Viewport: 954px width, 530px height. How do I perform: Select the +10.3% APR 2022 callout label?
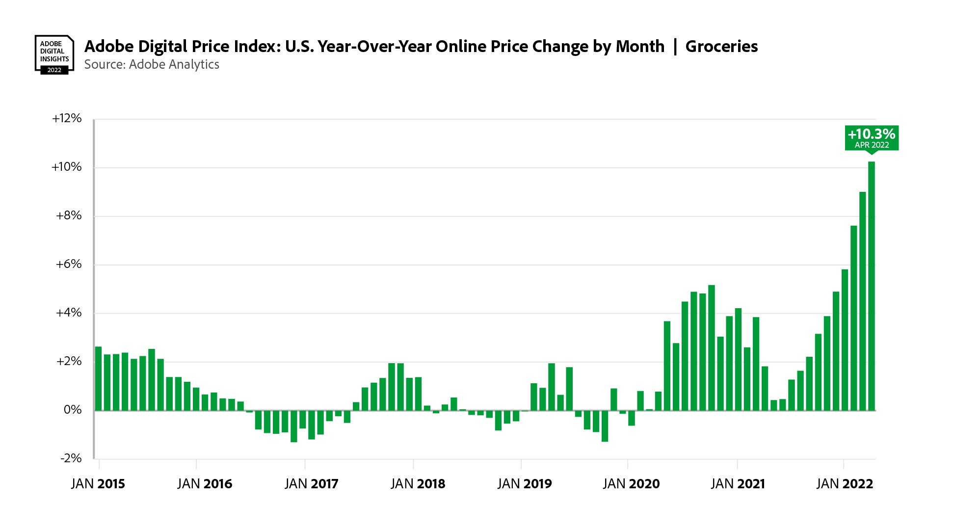tap(872, 137)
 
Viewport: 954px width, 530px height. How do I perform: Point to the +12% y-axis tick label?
tap(67, 118)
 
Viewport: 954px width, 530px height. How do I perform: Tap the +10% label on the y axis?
tap(67, 167)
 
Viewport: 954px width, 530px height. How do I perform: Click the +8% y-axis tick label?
tap(69, 215)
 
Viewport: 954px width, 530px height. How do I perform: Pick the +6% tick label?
tap(69, 264)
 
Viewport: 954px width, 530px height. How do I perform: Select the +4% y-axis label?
tap(69, 313)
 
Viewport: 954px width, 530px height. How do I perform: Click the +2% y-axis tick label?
tap(69, 361)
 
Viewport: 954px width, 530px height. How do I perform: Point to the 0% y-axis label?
tap(73, 410)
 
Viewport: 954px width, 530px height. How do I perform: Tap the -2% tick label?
tap(71, 458)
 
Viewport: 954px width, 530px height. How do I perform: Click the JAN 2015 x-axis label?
tap(98, 484)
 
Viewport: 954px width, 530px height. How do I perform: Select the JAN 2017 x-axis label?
tap(312, 484)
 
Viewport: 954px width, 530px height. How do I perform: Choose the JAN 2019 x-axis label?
tap(525, 484)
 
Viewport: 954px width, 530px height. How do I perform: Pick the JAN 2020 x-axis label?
tap(631, 484)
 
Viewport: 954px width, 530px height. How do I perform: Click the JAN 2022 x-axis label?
tap(845, 484)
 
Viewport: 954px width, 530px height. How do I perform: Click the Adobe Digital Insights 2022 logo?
tap(54, 54)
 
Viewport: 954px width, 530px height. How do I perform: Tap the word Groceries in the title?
tap(721, 47)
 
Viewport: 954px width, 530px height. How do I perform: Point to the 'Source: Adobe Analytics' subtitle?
tap(152, 65)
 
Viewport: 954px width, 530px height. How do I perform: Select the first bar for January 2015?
tap(98, 378)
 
